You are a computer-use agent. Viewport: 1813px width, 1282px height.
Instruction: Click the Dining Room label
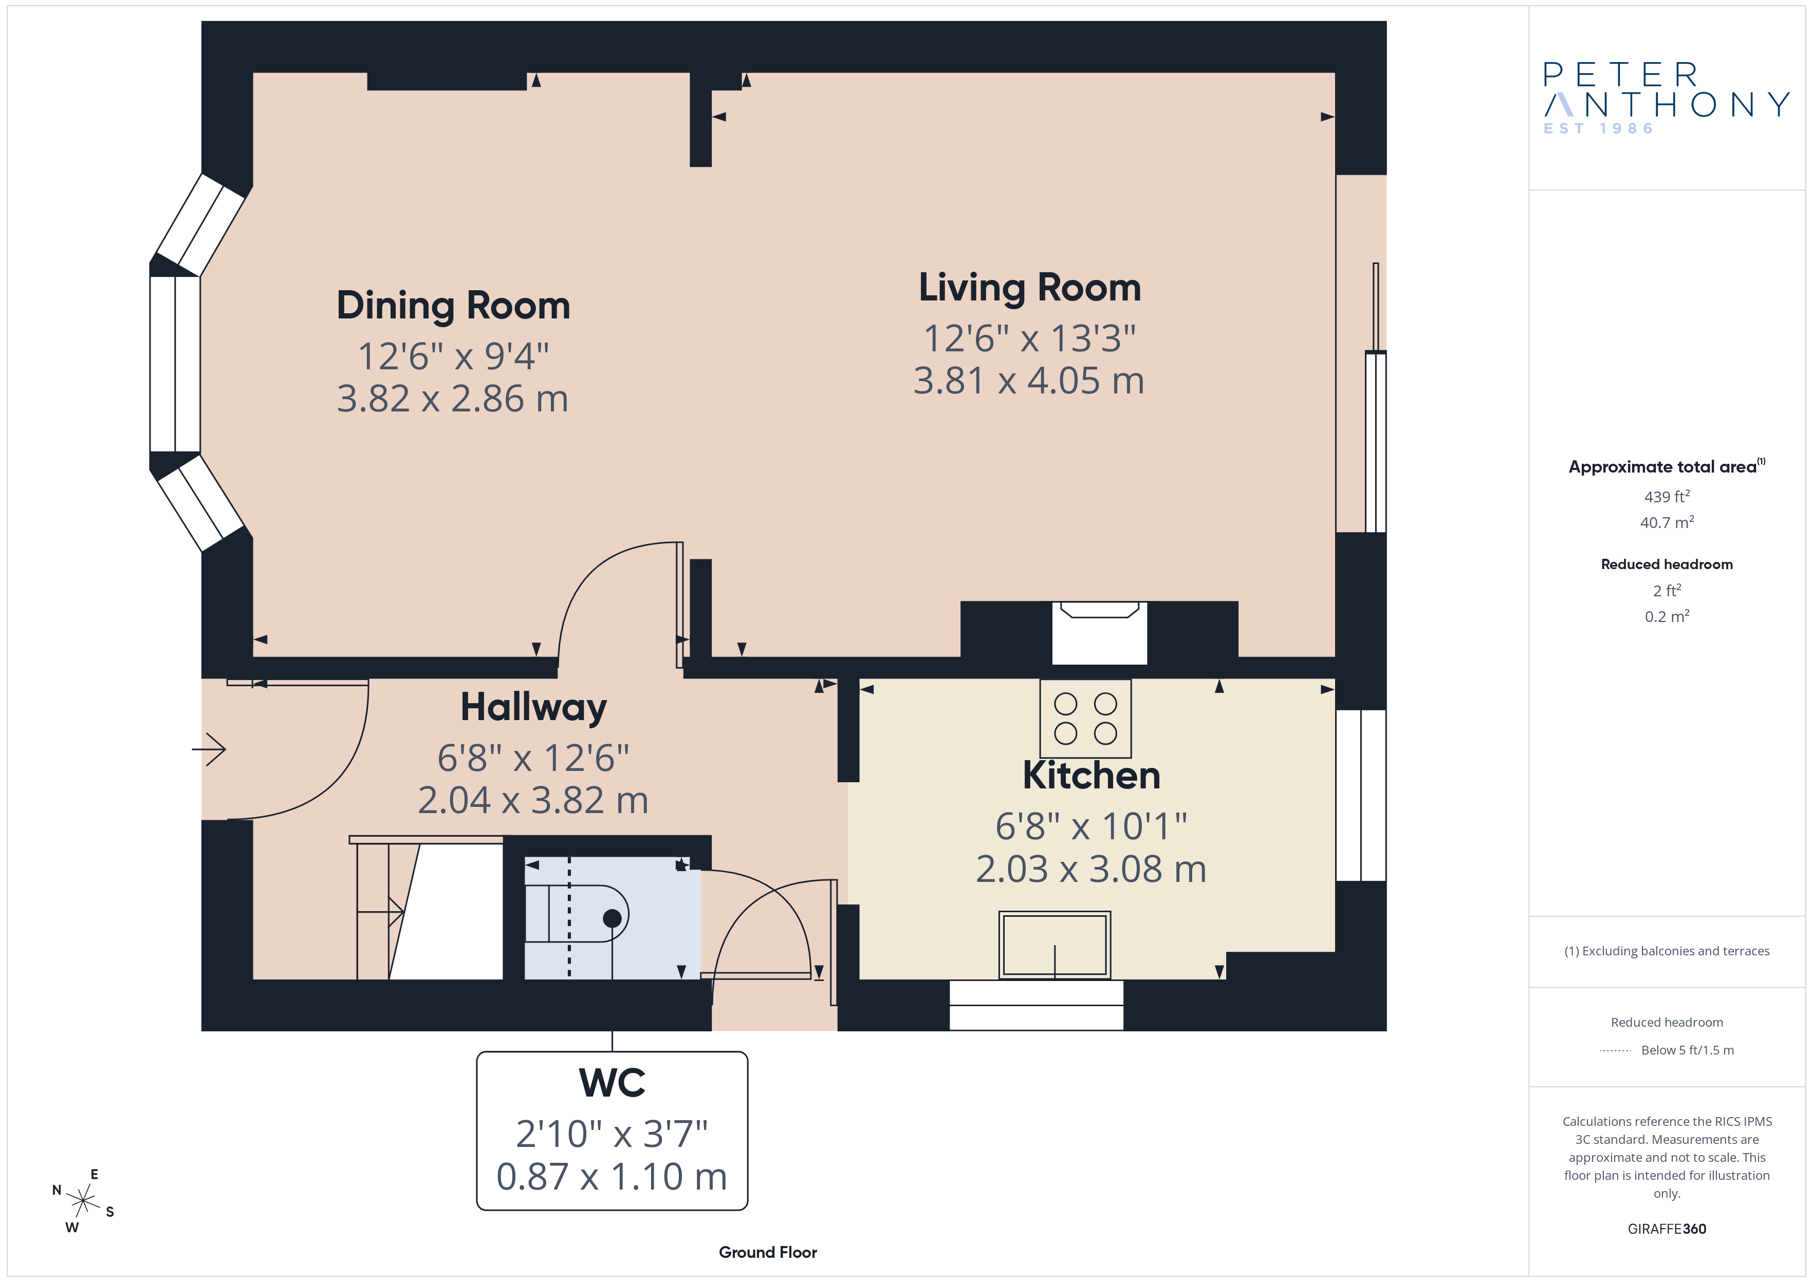click(x=453, y=306)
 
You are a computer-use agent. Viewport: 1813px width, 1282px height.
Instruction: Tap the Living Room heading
click(x=1030, y=287)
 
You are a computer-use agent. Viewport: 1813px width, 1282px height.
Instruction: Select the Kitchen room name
click(x=1091, y=775)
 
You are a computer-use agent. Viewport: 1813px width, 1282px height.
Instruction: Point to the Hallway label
click(x=534, y=707)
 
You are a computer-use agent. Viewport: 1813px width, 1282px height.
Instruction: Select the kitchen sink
click(x=1054, y=945)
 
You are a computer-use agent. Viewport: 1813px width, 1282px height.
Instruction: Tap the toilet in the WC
click(x=577, y=913)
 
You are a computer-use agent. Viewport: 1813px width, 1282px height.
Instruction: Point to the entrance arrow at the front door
click(x=209, y=749)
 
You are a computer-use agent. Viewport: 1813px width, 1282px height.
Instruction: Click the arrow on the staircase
click(x=381, y=913)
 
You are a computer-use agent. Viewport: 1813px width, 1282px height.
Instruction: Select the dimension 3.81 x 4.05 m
click(x=1029, y=381)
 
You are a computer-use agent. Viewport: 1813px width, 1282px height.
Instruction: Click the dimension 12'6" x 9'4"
click(x=453, y=356)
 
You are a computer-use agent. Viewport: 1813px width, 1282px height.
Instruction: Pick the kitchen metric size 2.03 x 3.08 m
click(x=1091, y=869)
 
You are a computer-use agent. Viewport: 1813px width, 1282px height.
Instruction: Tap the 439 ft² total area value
click(x=1667, y=497)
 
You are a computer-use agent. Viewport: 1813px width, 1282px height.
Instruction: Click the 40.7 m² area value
click(x=1667, y=522)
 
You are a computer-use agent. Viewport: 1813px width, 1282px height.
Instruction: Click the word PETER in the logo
click(x=1620, y=75)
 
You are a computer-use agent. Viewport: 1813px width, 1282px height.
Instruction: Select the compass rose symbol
click(x=83, y=1201)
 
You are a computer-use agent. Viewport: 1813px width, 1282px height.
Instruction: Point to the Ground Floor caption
click(x=768, y=1252)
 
